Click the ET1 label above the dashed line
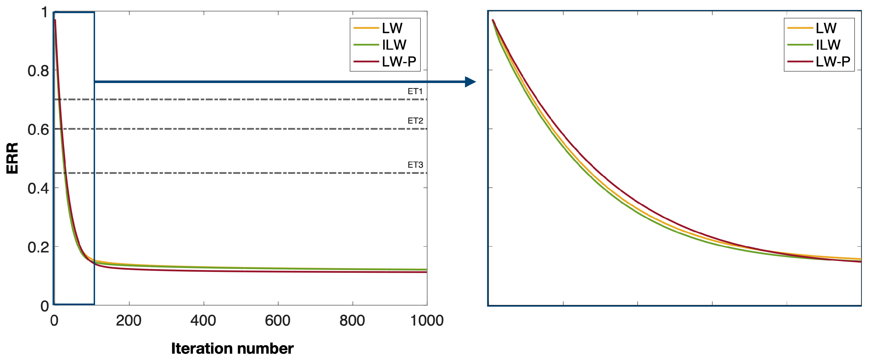coord(415,91)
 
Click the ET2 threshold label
coord(415,120)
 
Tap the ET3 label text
coord(415,165)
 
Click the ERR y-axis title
coord(13,158)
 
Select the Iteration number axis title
coord(232,349)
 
